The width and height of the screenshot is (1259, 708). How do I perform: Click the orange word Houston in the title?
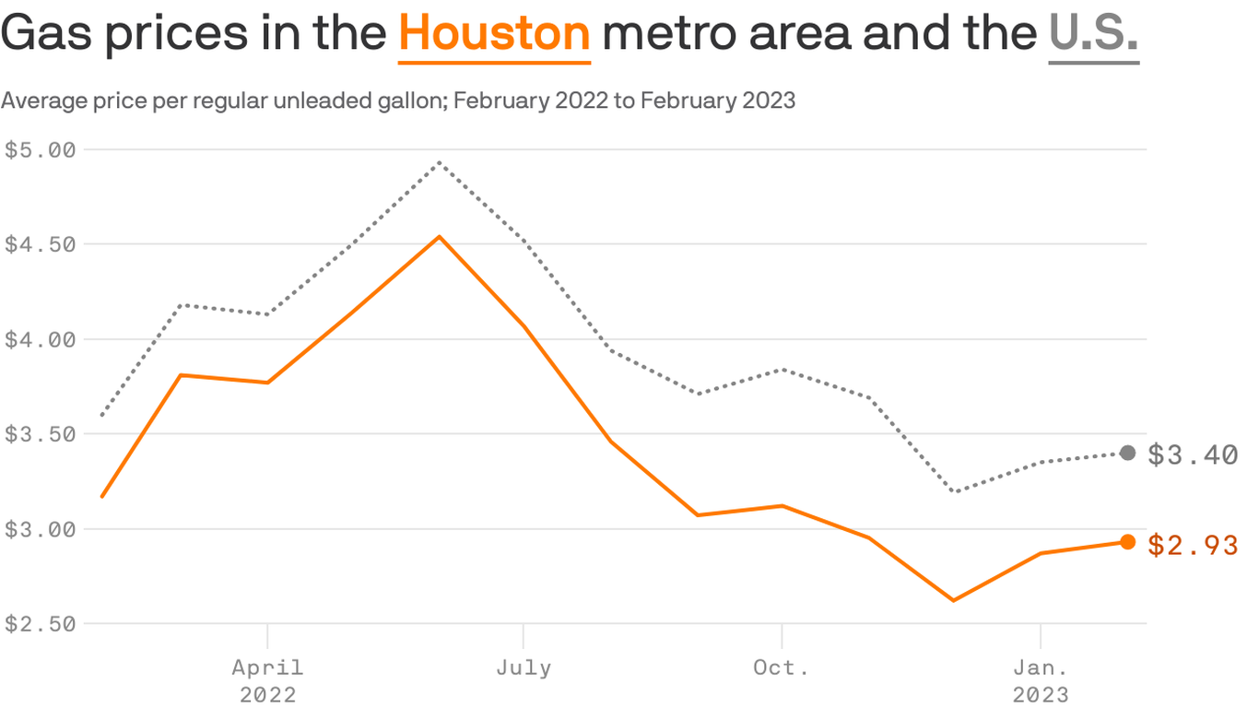click(x=494, y=34)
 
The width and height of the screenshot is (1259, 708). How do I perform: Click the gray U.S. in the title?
click(x=1093, y=34)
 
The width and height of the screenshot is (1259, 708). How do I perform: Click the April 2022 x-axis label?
click(x=267, y=679)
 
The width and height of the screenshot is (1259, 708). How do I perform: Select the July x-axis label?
click(x=524, y=667)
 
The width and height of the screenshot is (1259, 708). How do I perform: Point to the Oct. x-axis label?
click(x=782, y=667)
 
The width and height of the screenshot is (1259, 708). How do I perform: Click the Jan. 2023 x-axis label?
click(x=1041, y=679)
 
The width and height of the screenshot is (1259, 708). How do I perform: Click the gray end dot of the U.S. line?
click(x=1127, y=453)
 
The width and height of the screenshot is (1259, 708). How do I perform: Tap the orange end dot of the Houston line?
click(x=1127, y=542)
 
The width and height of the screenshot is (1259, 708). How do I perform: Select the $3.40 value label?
click(x=1193, y=454)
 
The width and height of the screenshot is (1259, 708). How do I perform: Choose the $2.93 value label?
click(x=1193, y=545)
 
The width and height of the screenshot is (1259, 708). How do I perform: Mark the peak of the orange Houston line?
click(x=439, y=237)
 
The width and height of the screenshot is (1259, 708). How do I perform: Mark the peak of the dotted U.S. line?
click(x=439, y=162)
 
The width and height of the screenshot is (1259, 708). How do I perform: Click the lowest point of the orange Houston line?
click(x=953, y=600)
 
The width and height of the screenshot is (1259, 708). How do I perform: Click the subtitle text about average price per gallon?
click(x=397, y=100)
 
